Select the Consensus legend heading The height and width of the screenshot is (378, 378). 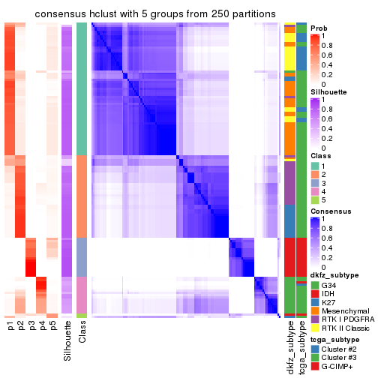click(x=331, y=211)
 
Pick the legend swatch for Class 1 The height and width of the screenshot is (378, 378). click(x=314, y=165)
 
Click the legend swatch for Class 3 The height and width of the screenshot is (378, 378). click(x=314, y=183)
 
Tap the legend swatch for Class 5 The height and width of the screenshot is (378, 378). click(x=314, y=201)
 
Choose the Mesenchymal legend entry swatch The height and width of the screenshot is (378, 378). click(x=314, y=311)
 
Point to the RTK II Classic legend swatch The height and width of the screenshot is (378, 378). click(x=314, y=329)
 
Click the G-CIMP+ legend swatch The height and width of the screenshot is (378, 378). click(x=314, y=367)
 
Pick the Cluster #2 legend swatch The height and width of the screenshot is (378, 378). click(x=314, y=349)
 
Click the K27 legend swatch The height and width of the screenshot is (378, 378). click(x=314, y=302)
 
